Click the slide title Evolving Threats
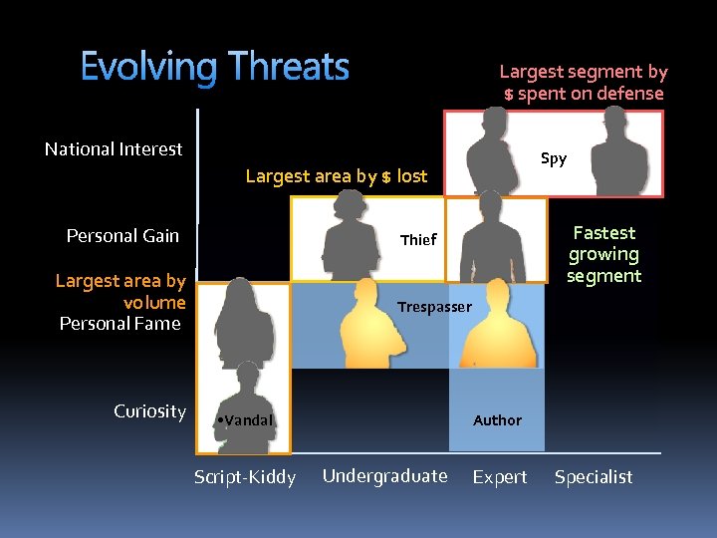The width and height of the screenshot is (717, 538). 214,68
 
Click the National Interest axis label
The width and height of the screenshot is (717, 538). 114,149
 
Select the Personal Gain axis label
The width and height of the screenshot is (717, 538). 122,236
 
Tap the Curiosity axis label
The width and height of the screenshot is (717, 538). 149,411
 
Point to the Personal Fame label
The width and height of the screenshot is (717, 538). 119,324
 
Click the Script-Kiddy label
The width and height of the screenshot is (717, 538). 245,477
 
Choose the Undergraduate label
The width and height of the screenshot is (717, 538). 384,476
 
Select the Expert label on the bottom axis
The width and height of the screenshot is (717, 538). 500,477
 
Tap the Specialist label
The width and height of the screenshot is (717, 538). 594,477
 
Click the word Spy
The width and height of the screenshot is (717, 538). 554,158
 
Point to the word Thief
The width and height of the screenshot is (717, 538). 418,239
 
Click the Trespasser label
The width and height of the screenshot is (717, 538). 434,307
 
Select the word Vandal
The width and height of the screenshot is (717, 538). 248,420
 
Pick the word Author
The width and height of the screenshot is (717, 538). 497,420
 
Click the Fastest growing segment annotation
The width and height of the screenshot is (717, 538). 603,254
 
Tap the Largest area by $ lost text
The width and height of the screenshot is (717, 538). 336,177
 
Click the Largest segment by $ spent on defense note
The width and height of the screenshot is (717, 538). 584,83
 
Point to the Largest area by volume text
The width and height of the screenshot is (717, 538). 120,291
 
